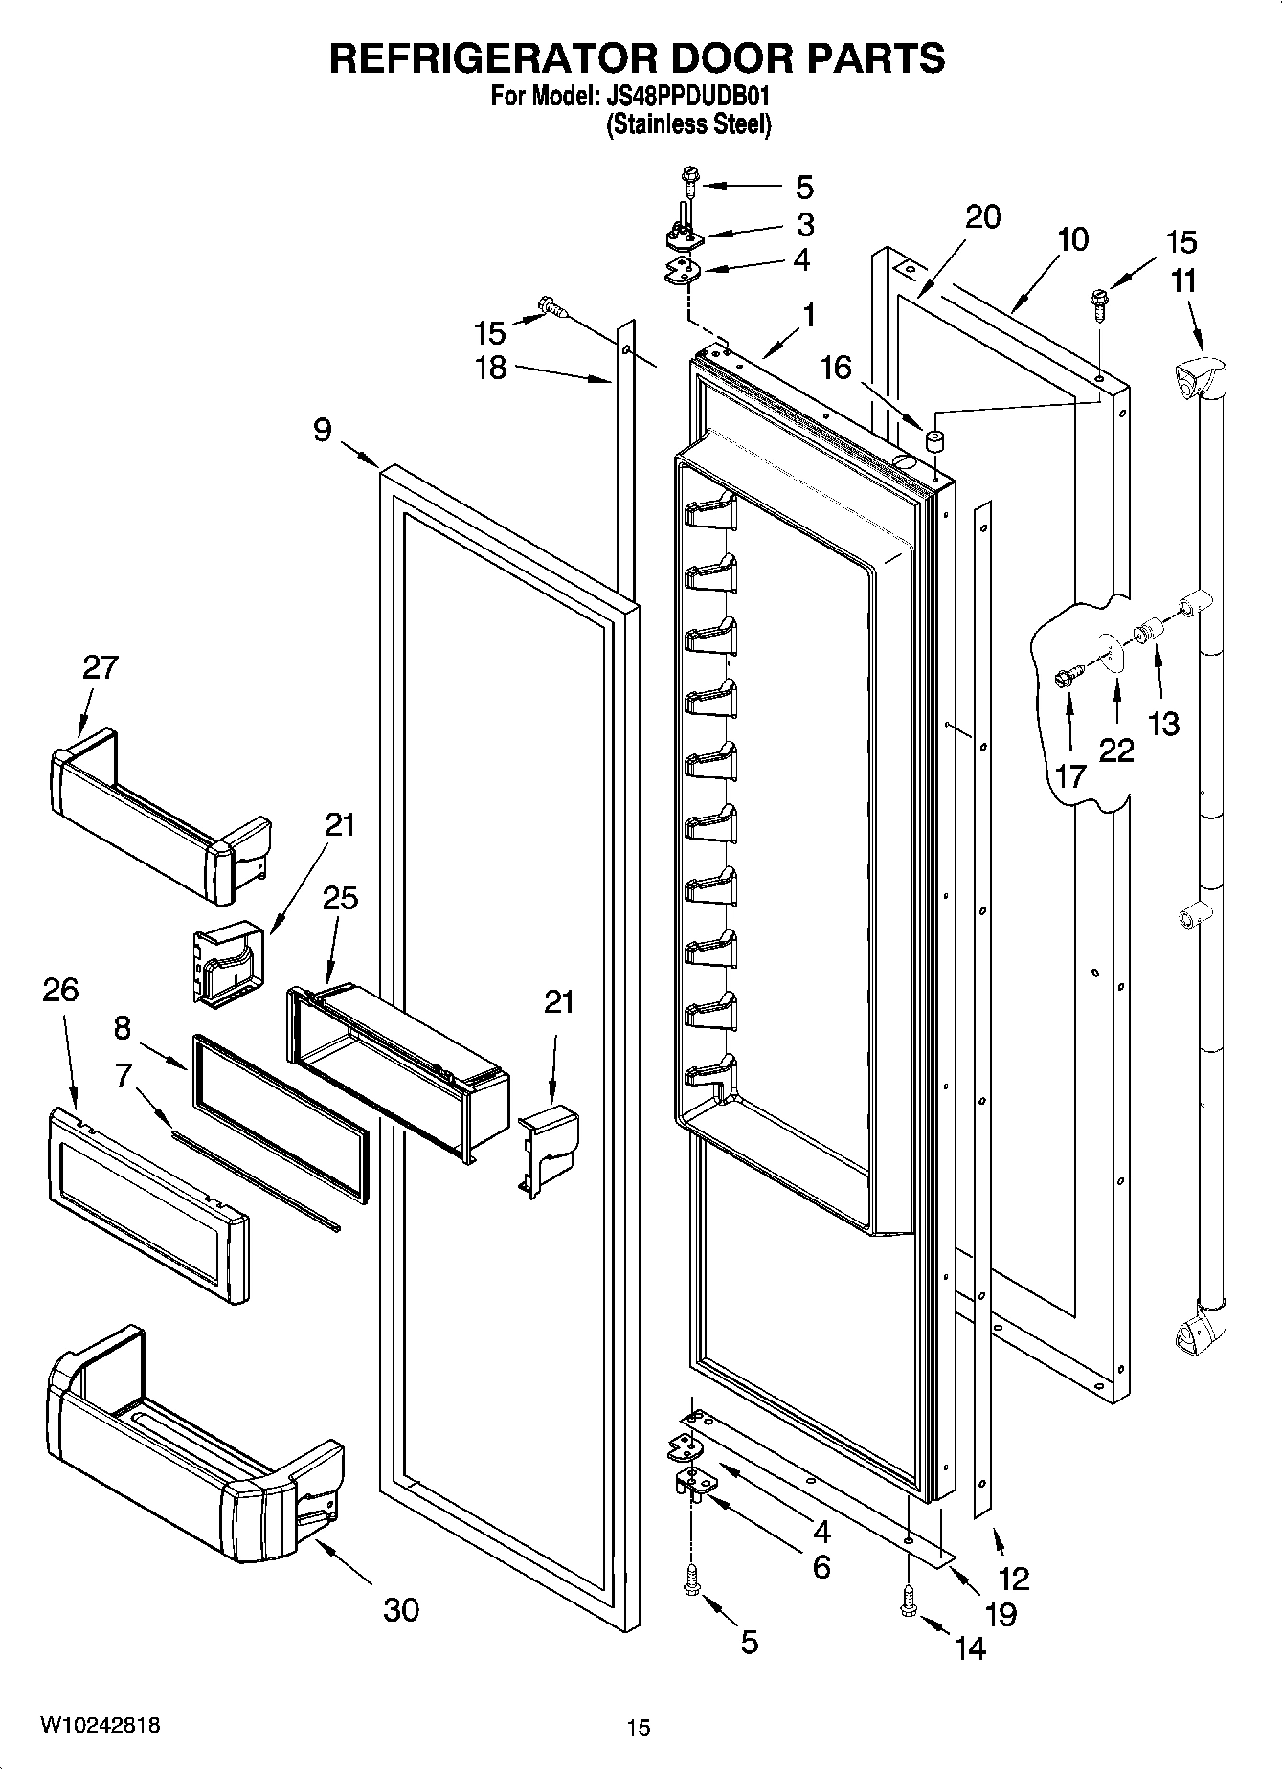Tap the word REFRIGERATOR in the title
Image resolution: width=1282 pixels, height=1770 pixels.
pyautogui.click(x=494, y=58)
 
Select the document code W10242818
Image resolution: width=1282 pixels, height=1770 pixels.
pyautogui.click(x=100, y=1724)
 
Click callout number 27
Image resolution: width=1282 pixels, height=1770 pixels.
pyautogui.click(x=100, y=667)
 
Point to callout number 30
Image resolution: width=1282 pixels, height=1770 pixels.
pyautogui.click(x=401, y=1609)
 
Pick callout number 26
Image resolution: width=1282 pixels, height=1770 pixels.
pyautogui.click(x=59, y=990)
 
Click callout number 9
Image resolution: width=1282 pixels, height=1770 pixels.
pyautogui.click(x=323, y=431)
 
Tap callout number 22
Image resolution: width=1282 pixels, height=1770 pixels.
pyautogui.click(x=1115, y=750)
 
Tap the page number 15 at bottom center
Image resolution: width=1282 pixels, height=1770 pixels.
pyautogui.click(x=639, y=1727)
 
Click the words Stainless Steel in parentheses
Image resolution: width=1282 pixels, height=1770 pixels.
pyautogui.click(x=688, y=125)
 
